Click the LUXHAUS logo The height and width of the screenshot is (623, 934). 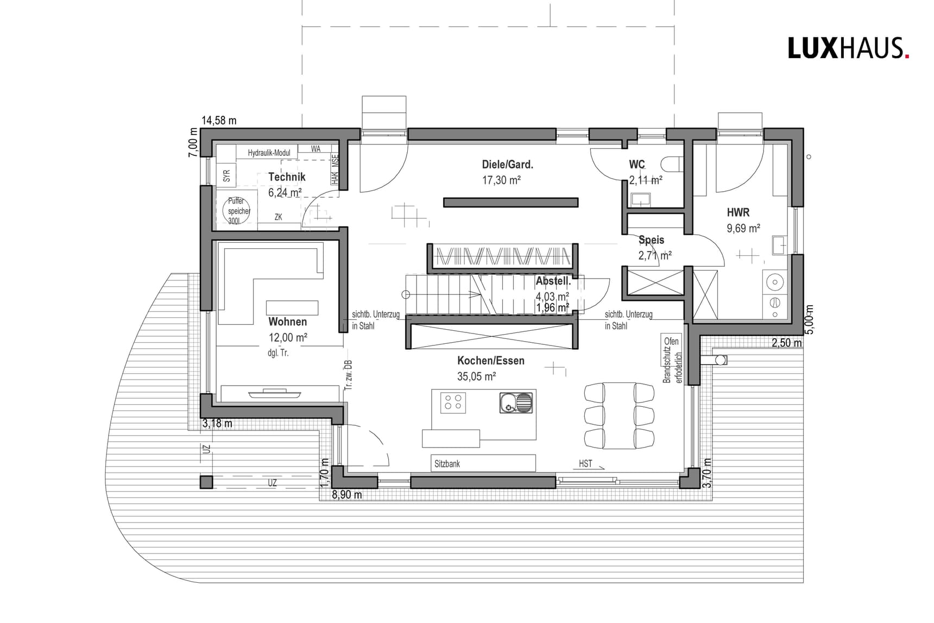tap(848, 48)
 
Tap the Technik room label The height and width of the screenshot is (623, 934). tap(287, 177)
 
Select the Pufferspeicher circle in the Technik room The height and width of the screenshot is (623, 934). tap(237, 211)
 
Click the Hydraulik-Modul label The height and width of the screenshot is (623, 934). tap(269, 153)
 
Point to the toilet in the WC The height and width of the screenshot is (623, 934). tap(672, 164)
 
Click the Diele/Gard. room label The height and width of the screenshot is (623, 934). tap(507, 165)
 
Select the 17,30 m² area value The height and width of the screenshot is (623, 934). tap(501, 180)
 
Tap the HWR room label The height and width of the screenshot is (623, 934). tap(738, 213)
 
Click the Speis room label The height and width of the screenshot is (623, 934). tap(651, 240)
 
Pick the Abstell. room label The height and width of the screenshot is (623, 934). tap(553, 281)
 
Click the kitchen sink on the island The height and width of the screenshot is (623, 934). tap(516, 402)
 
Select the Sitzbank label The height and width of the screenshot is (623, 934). tap(447, 464)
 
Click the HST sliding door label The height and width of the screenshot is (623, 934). tap(585, 464)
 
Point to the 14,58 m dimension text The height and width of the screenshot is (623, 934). tap(219, 121)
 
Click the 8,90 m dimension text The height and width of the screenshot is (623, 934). tap(346, 495)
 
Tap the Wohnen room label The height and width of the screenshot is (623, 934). tap(287, 322)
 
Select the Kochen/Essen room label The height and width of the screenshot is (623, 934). tap(490, 361)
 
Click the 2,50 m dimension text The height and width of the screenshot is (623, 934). tap(786, 343)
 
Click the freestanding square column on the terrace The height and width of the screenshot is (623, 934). tap(206, 482)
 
